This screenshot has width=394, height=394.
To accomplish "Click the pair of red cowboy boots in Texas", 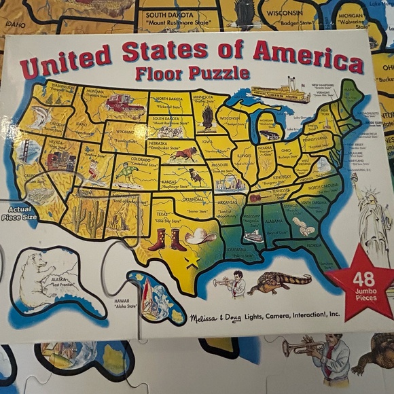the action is (x=167, y=238).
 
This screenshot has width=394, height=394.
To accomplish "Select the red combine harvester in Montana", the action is (x=124, y=104).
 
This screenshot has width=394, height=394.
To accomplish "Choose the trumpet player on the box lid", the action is (x=230, y=284).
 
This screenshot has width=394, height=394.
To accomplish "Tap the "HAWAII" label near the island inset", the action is (x=122, y=300).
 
